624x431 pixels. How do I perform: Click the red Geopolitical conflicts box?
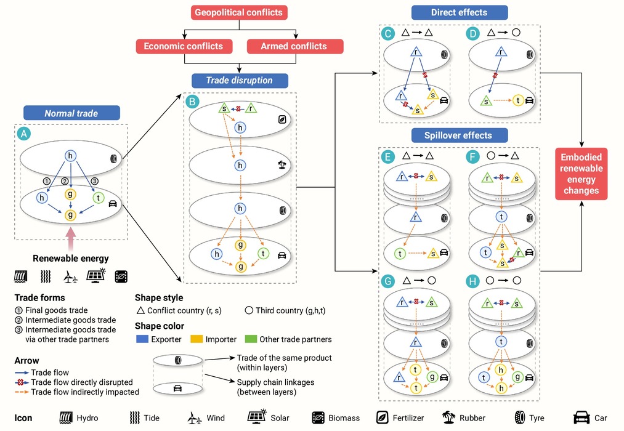[239, 12]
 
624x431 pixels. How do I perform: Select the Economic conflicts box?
[184, 46]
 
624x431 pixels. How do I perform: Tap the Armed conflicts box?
[294, 46]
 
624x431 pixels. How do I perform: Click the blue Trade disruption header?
[240, 80]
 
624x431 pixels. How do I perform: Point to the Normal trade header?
[71, 113]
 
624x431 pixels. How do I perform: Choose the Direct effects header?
[460, 12]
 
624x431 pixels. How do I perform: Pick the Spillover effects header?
[460, 135]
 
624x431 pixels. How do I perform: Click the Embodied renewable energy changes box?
[581, 174]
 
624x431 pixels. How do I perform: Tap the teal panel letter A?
[24, 134]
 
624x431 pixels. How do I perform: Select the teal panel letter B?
[192, 102]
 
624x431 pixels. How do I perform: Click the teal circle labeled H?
[472, 281]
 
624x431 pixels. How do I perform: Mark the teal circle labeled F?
[472, 157]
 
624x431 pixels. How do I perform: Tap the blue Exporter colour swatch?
[142, 339]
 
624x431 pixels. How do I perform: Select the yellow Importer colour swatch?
[197, 339]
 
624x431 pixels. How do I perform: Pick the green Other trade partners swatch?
[251, 339]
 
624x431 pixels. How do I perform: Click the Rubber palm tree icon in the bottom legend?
[449, 417]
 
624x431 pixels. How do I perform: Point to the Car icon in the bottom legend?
[581, 417]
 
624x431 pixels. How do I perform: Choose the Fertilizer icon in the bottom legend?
[382, 417]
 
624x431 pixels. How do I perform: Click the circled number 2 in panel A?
[65, 181]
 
